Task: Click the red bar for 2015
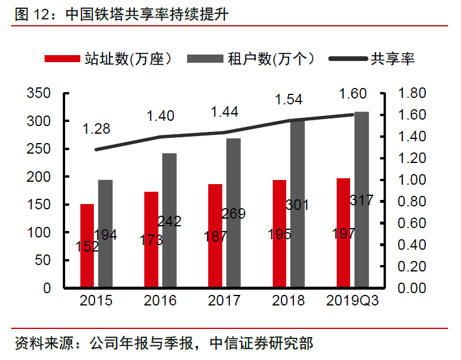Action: [x=87, y=246]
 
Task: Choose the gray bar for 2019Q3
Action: [x=362, y=199]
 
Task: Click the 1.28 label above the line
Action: [x=96, y=129]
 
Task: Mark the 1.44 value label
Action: [x=225, y=111]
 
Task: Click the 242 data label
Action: [x=170, y=222]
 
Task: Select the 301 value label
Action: [x=298, y=205]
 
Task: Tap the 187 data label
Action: [x=216, y=237]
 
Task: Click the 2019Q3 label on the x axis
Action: [x=352, y=301]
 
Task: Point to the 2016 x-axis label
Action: [x=160, y=301]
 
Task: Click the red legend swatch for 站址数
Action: [x=62, y=59]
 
